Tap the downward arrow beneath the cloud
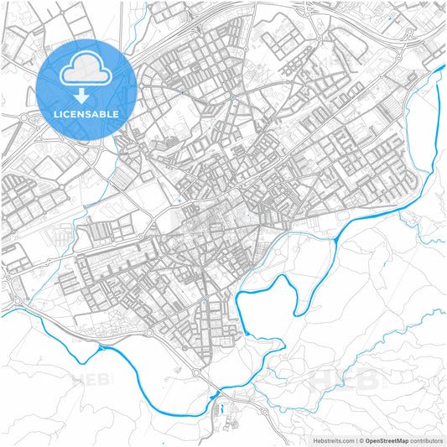pyautogui.click(x=86, y=95)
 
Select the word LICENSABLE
pyautogui.click(x=86, y=113)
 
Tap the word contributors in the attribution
pyautogui.click(x=426, y=439)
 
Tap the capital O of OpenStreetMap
pyautogui.click(x=367, y=439)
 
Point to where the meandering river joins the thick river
pyautogui.click(x=336, y=239)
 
